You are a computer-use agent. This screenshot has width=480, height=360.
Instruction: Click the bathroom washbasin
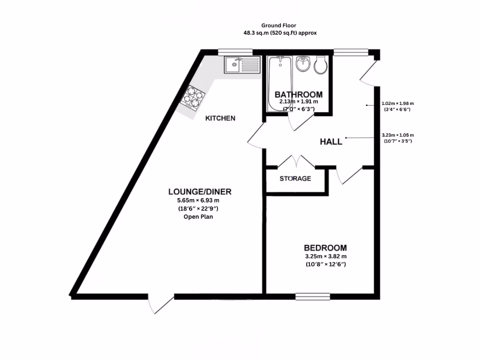[x=303, y=65]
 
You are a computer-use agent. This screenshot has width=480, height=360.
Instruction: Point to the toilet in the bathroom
[x=320, y=66]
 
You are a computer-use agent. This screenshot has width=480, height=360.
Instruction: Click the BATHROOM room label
[x=299, y=94]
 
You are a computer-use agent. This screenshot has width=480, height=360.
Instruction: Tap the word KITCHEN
[x=220, y=118]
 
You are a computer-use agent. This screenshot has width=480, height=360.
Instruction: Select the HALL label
[x=331, y=142]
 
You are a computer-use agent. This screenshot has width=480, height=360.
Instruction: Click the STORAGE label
[x=295, y=179]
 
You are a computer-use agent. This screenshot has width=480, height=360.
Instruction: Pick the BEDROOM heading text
[x=325, y=248]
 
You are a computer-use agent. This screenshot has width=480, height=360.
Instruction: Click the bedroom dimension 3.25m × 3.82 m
[x=325, y=256]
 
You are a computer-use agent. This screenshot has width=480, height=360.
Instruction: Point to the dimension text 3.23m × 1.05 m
[x=398, y=135]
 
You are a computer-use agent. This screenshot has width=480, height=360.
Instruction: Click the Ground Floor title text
[x=279, y=25]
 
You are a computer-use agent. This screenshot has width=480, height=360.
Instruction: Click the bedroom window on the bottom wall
[x=313, y=296]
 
